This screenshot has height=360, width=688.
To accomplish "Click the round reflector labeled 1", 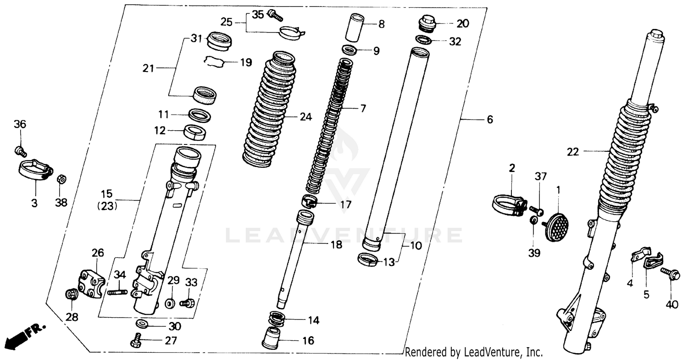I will click(557, 225).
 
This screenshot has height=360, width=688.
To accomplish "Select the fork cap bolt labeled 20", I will click(427, 22).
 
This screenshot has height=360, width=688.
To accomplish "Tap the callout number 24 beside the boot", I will click(305, 117).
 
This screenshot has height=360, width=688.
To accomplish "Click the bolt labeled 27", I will click(137, 342).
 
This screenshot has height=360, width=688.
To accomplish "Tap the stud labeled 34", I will click(117, 291).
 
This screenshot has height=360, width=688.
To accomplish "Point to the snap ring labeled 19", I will click(214, 61).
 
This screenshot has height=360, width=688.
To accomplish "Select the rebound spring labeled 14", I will click(276, 317).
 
